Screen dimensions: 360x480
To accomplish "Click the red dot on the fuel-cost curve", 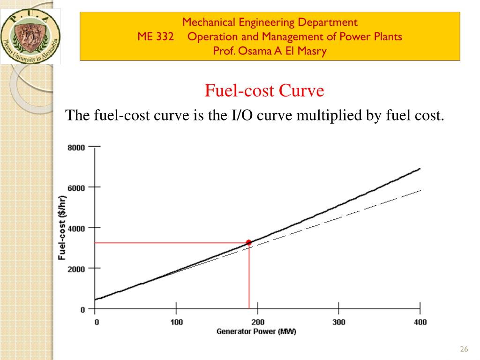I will coord(248,242).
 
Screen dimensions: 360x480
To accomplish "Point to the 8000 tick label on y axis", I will coord(76,148).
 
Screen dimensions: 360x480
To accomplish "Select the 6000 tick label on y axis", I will coord(76,188).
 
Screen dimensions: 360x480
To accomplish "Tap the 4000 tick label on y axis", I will coord(76,228).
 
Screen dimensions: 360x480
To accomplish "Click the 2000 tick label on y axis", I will coord(76,269).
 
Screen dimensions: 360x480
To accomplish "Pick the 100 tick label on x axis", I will coord(176,322).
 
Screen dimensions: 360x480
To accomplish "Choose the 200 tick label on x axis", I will coord(257,322).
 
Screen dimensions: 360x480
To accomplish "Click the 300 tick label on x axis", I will coord(338,322).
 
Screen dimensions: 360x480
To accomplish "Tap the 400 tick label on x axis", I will coord(420,322).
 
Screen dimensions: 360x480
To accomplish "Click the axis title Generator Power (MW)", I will coord(256,332).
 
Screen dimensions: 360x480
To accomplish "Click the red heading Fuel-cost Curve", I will coord(264,91).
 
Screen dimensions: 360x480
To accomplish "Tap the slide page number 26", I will coord(465,349).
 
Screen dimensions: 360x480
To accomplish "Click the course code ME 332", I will coord(155,37).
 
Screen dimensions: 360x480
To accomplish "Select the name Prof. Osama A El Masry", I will coord(270,51).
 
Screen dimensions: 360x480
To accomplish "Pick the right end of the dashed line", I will coord(420,191).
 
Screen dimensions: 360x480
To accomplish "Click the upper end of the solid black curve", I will coord(420,169).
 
